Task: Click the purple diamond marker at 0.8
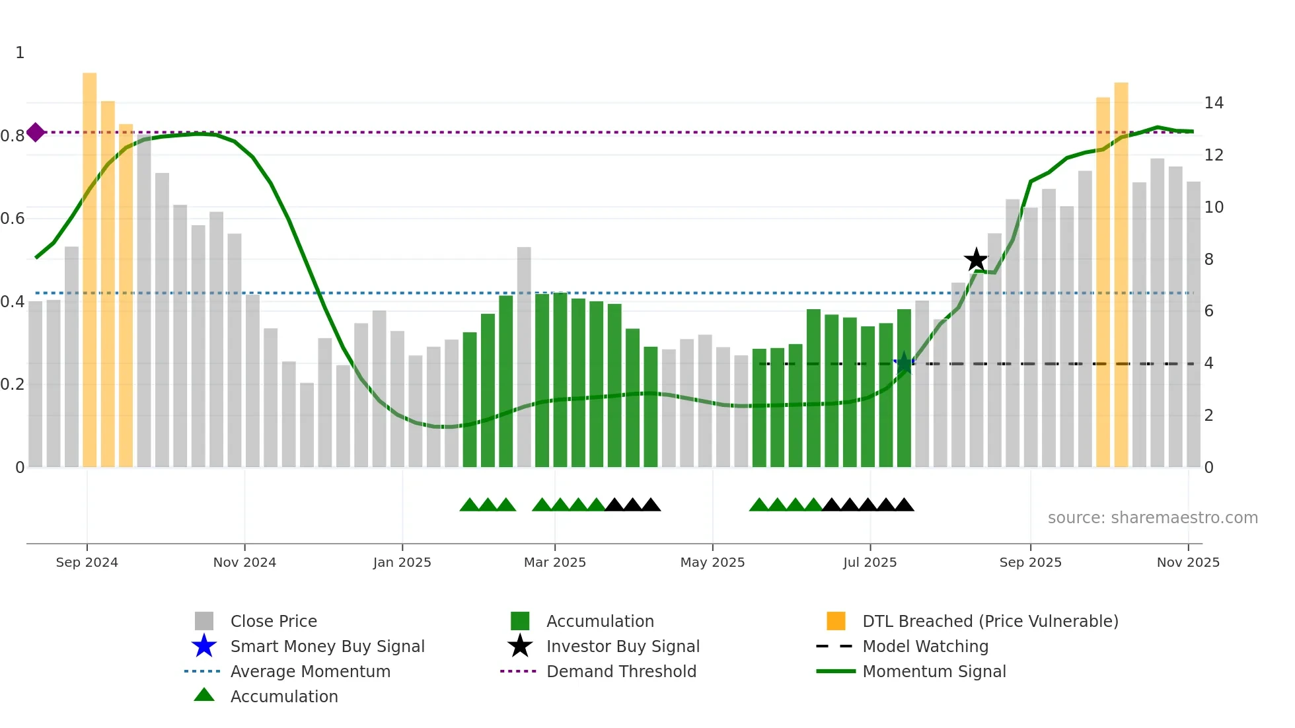point(36,132)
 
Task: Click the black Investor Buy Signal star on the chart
point(976,260)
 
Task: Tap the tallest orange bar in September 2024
point(90,264)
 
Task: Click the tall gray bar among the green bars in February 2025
point(524,357)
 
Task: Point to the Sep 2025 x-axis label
point(1030,562)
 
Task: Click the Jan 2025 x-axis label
point(402,562)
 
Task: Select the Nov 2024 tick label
point(244,562)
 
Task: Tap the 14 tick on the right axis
point(1214,103)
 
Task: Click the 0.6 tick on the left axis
point(13,219)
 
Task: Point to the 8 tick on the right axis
point(1208,260)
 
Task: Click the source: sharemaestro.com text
point(1152,518)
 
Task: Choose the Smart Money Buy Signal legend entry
point(327,646)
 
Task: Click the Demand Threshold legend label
point(621,671)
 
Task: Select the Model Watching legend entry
point(925,646)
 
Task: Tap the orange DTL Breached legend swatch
point(836,621)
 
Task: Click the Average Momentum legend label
point(310,671)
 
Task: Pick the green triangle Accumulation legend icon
point(204,695)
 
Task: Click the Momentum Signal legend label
point(934,671)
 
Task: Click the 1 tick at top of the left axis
point(20,53)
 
